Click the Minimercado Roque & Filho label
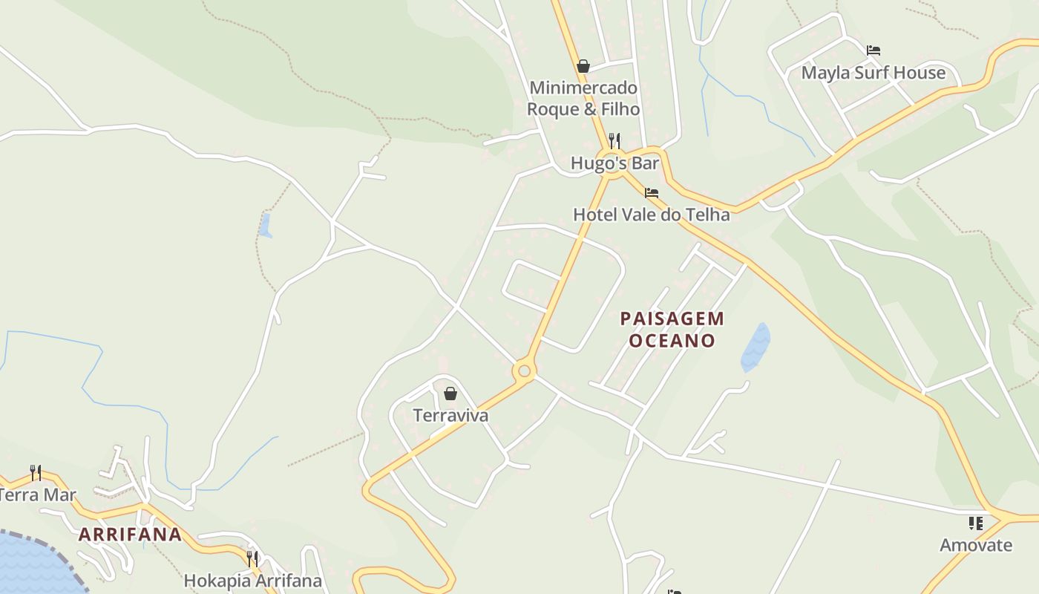pos(583,99)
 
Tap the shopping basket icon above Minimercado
pos(583,66)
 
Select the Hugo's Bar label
pos(614,163)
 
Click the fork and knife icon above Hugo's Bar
pos(614,140)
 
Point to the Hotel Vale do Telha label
pos(651,215)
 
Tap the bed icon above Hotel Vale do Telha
pos(652,193)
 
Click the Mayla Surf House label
pos(874,73)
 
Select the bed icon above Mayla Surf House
pos(874,50)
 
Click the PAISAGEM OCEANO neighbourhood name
pos(672,330)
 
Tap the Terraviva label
pos(450,415)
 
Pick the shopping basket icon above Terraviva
pos(450,394)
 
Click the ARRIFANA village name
pos(130,535)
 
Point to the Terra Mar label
pos(37,495)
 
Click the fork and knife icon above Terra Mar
pos(35,471)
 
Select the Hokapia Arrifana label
pos(252,581)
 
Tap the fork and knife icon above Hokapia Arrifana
pos(252,558)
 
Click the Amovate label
pos(975,545)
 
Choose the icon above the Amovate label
pos(975,523)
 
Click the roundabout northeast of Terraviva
pos(524,370)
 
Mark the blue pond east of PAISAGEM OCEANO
pos(756,347)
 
